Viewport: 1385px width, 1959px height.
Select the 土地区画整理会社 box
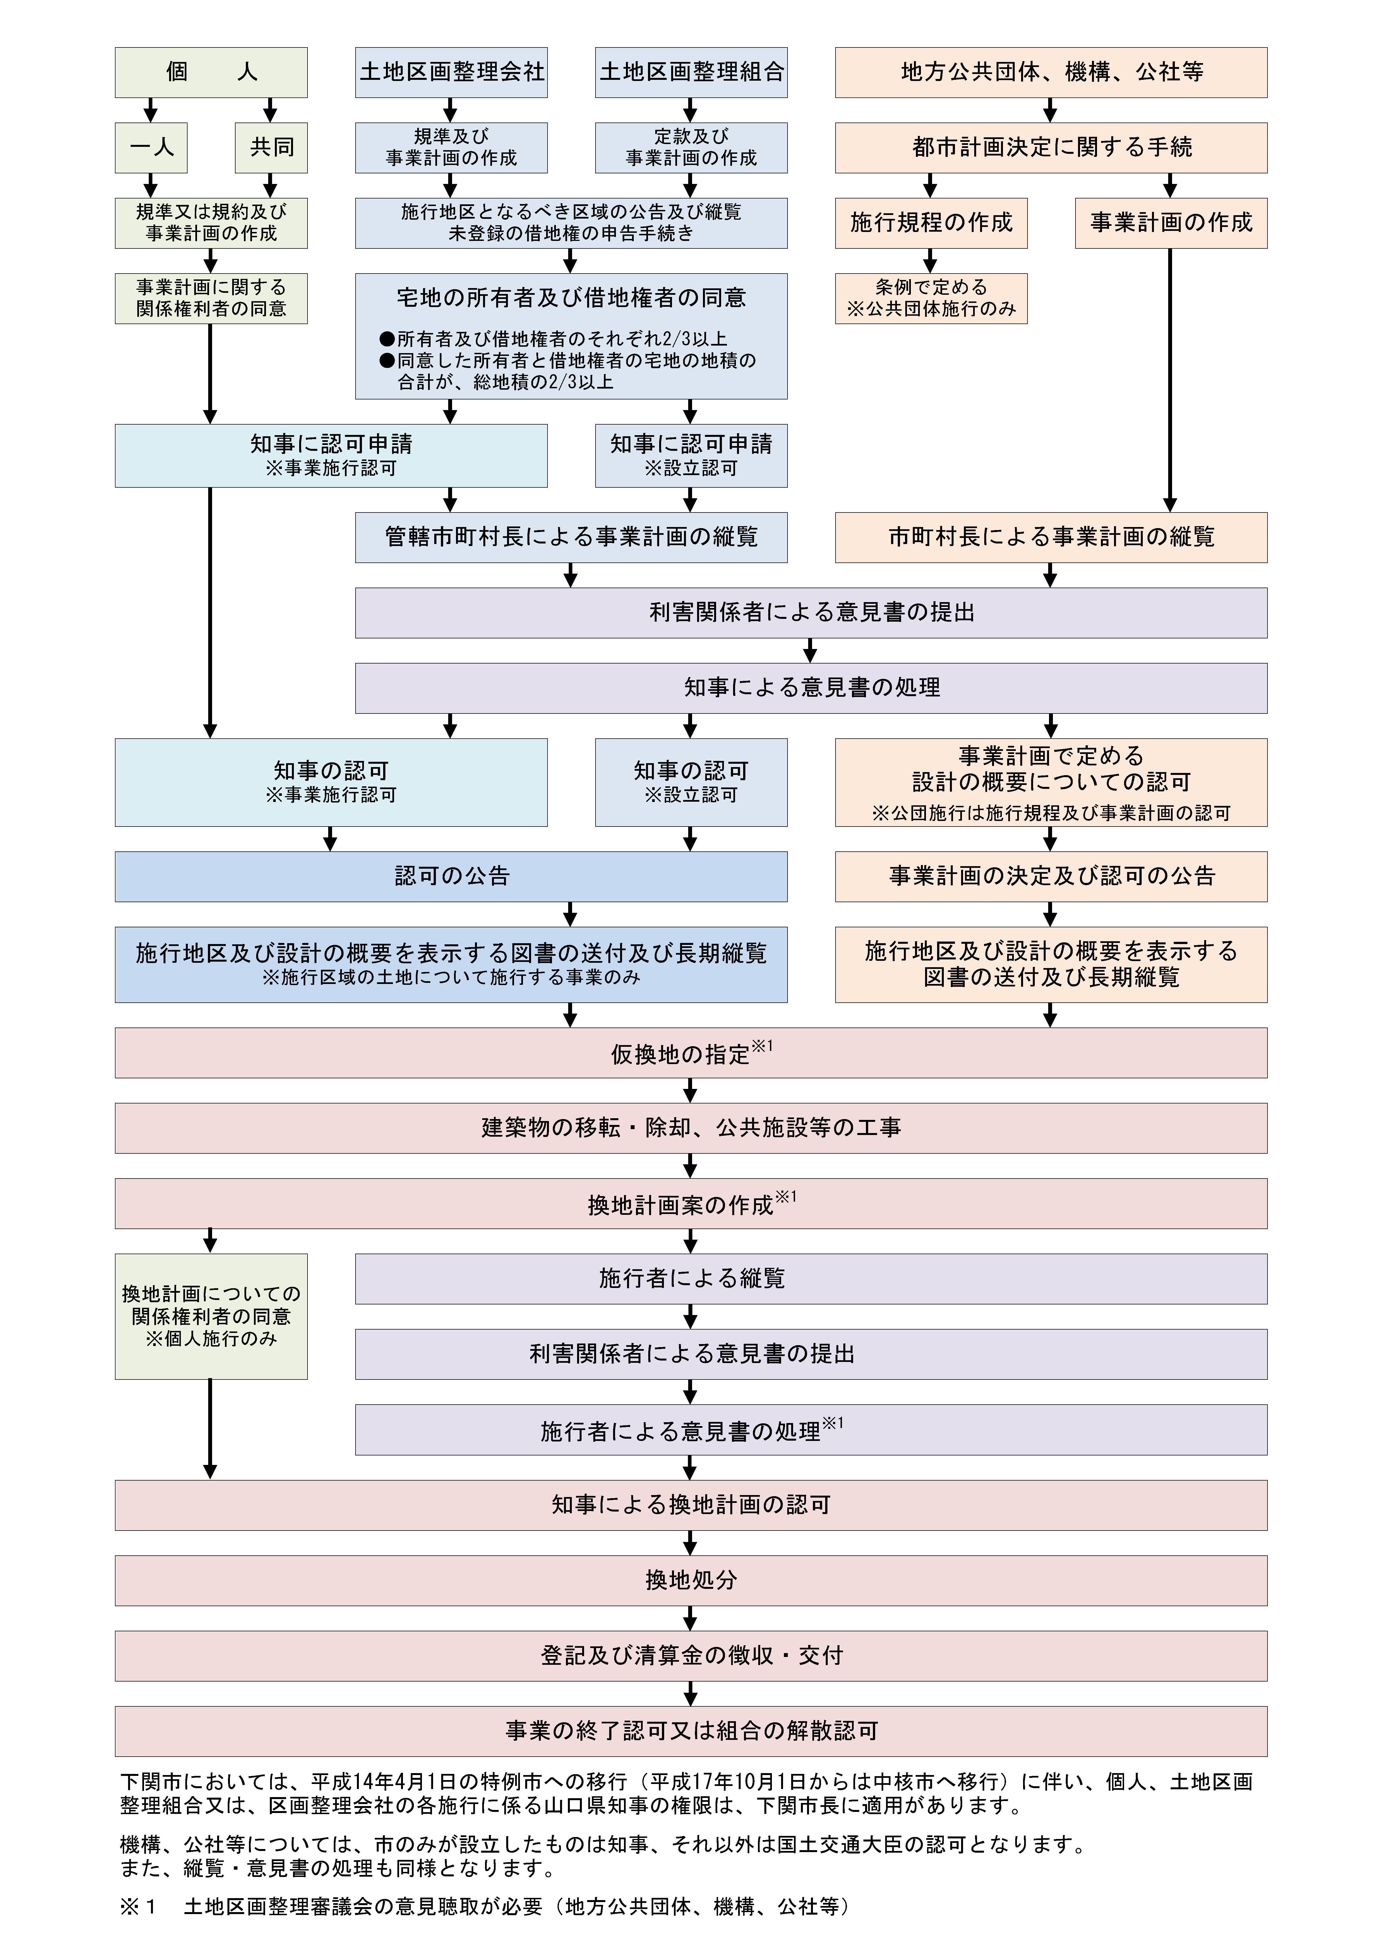coord(451,73)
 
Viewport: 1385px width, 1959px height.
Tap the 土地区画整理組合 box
coord(691,73)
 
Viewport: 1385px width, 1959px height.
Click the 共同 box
coord(271,148)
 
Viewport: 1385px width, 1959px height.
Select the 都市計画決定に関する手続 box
coord(1051,148)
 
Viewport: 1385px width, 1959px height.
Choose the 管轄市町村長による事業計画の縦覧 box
coord(570,537)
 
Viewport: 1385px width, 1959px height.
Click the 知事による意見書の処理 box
coord(811,688)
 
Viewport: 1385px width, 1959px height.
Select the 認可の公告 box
coord(451,876)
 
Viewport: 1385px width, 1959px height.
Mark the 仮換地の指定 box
coord(691,1053)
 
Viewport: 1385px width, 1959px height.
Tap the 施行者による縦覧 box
coord(811,1278)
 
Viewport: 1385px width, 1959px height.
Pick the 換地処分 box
coord(691,1580)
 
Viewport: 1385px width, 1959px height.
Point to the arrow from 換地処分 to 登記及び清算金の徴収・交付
coord(691,1618)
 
